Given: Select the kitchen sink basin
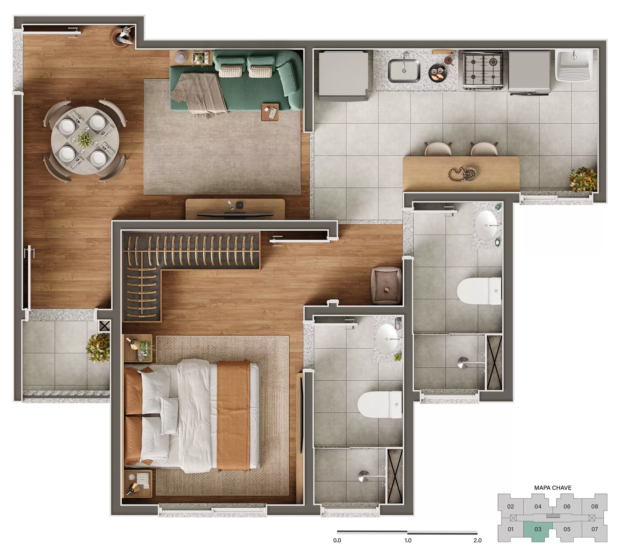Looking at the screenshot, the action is [x=404, y=71].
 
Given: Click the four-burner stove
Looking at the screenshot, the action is [x=483, y=70].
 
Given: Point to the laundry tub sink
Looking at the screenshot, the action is [x=573, y=66].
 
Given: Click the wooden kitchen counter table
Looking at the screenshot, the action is [x=461, y=174].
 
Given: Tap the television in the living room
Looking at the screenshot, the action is [x=235, y=215].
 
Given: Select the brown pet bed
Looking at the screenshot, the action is [x=386, y=285].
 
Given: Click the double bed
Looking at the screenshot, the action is [x=192, y=417].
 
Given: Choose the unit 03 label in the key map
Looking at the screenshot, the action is [x=538, y=529].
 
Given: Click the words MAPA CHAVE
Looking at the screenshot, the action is [x=553, y=488].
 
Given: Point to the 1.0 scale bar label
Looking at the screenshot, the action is [x=408, y=540].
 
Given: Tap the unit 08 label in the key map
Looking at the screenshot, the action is [x=594, y=506].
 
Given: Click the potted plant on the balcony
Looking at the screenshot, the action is [x=98, y=348].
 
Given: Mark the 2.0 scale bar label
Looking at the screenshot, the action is [x=478, y=540].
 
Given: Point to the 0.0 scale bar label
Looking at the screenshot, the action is [x=337, y=540].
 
